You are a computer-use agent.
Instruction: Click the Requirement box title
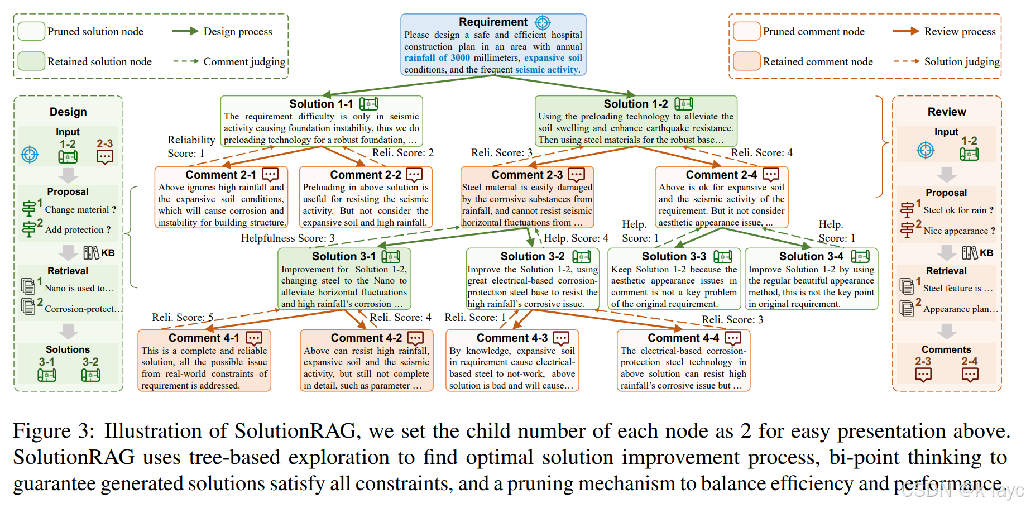(493, 22)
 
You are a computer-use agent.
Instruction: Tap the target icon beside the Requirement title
(543, 22)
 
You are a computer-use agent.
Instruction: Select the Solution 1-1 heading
(321, 104)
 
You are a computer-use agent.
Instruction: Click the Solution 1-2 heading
(636, 104)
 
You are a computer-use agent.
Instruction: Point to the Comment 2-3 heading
(527, 175)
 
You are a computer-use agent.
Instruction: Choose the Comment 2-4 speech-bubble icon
(771, 175)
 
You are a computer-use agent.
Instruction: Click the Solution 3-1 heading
(344, 256)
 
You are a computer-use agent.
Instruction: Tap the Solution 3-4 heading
(811, 256)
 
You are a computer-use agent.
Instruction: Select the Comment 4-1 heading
(204, 338)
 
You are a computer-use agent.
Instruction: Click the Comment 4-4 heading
(683, 338)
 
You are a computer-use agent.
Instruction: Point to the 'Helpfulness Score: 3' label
(287, 238)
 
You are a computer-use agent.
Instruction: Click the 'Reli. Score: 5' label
(183, 318)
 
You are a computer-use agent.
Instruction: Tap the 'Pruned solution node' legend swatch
(31, 31)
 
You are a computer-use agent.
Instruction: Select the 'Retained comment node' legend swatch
(747, 61)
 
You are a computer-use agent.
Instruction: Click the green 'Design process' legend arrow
(185, 31)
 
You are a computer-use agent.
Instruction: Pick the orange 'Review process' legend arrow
(905, 31)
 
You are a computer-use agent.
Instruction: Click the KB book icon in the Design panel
(92, 253)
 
